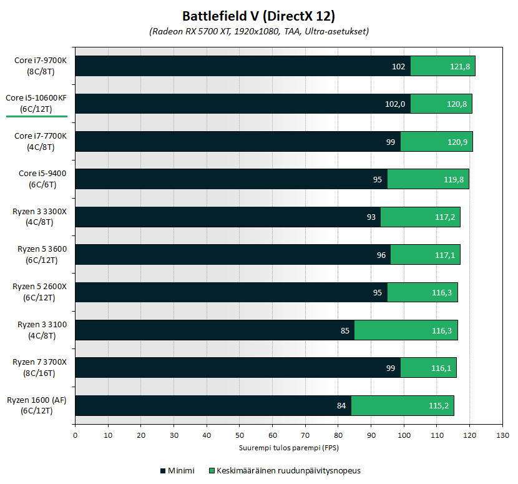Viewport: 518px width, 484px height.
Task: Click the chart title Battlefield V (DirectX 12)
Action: [258, 16]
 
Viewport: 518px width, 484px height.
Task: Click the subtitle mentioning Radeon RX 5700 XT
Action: [258, 31]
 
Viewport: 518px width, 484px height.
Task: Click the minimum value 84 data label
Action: [341, 405]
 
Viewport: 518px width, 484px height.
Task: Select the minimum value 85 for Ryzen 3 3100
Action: [345, 330]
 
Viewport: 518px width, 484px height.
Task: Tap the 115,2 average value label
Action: [439, 405]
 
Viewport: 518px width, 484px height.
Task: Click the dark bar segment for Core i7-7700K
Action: [237, 141]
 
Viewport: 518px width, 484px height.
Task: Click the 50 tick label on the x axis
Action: [239, 436]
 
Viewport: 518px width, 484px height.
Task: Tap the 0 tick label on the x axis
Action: [75, 436]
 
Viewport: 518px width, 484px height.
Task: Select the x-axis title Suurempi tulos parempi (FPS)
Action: [288, 448]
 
